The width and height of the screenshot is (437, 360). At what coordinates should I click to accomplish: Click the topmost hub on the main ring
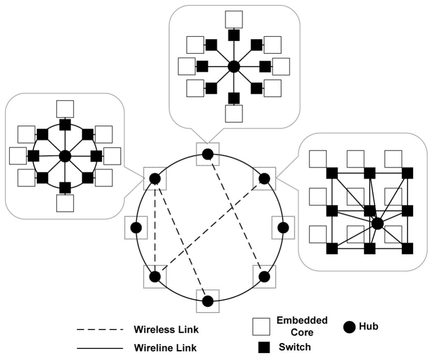coord(208,154)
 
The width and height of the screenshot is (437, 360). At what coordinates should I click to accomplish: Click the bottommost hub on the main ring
coord(208,301)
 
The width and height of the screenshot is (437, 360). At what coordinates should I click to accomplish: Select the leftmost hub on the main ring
coord(136,227)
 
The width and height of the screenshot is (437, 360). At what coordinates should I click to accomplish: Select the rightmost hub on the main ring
coord(283,227)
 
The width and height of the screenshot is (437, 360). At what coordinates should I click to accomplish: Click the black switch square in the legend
coord(264,348)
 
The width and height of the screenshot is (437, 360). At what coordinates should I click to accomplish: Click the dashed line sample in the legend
coord(100,330)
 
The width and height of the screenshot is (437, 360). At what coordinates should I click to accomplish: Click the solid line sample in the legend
coord(100,348)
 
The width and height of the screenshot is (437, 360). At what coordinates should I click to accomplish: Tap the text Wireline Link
coord(165,348)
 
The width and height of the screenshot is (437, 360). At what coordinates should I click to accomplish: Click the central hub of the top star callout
coord(234,66)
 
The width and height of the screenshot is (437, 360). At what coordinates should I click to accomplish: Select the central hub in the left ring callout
coord(65,156)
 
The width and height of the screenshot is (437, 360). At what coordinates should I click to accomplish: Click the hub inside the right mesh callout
coord(377,223)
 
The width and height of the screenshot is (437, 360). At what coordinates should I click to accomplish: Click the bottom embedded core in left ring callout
coord(65,203)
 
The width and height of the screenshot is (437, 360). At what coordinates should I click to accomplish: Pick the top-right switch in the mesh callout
coord(407,173)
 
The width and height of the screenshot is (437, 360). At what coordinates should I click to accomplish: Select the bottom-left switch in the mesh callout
coord(332,249)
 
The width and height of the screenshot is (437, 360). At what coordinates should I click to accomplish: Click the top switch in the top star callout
coord(234,35)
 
